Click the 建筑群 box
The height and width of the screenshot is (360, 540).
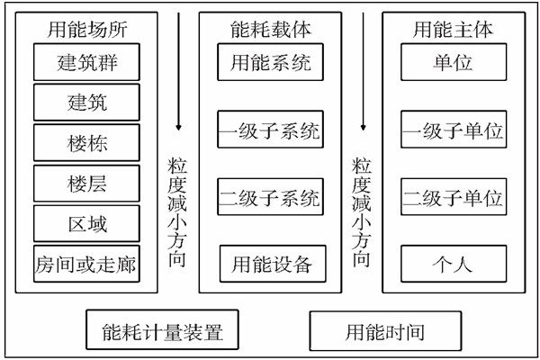(x=87, y=63)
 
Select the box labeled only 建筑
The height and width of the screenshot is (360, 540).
(x=87, y=103)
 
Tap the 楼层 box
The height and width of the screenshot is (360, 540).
(x=87, y=184)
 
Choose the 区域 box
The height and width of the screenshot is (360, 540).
(x=87, y=223)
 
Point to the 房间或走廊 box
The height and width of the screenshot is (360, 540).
(x=87, y=264)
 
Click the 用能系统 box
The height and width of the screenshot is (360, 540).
(x=271, y=63)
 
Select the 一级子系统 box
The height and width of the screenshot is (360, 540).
(x=271, y=131)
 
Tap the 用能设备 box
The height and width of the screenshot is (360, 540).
(x=271, y=265)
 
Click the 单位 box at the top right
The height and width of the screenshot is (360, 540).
(x=452, y=63)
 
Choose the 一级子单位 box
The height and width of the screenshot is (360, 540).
(x=452, y=131)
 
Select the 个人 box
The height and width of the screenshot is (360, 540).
(x=452, y=265)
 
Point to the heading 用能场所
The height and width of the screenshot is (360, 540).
(x=87, y=29)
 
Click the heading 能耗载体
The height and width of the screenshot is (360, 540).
(x=271, y=29)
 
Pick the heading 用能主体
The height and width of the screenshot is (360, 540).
(x=452, y=29)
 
